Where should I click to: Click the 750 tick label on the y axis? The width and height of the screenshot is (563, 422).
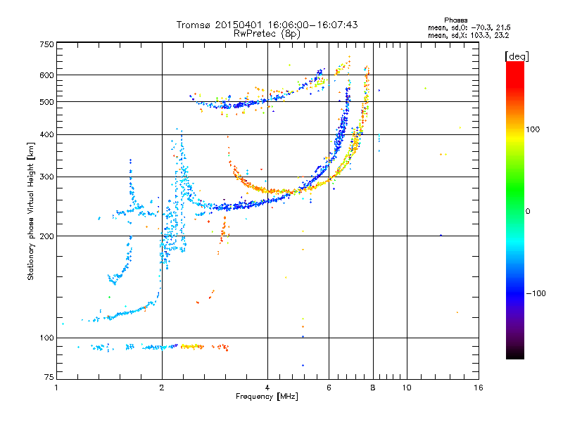[46, 44]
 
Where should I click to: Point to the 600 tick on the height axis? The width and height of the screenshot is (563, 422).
[46, 75]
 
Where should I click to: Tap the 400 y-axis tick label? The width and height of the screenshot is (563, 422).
[46, 134]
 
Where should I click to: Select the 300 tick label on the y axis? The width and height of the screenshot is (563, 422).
[46, 177]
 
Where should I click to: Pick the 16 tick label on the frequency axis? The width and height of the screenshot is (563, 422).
[478, 388]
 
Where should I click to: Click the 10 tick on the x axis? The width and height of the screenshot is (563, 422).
[406, 388]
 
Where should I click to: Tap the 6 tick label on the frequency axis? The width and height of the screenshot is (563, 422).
[329, 388]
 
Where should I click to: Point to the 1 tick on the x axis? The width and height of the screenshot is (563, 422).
[56, 388]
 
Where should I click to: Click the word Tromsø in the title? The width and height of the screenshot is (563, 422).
[196, 25]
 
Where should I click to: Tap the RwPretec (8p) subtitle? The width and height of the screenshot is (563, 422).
[267, 33]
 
